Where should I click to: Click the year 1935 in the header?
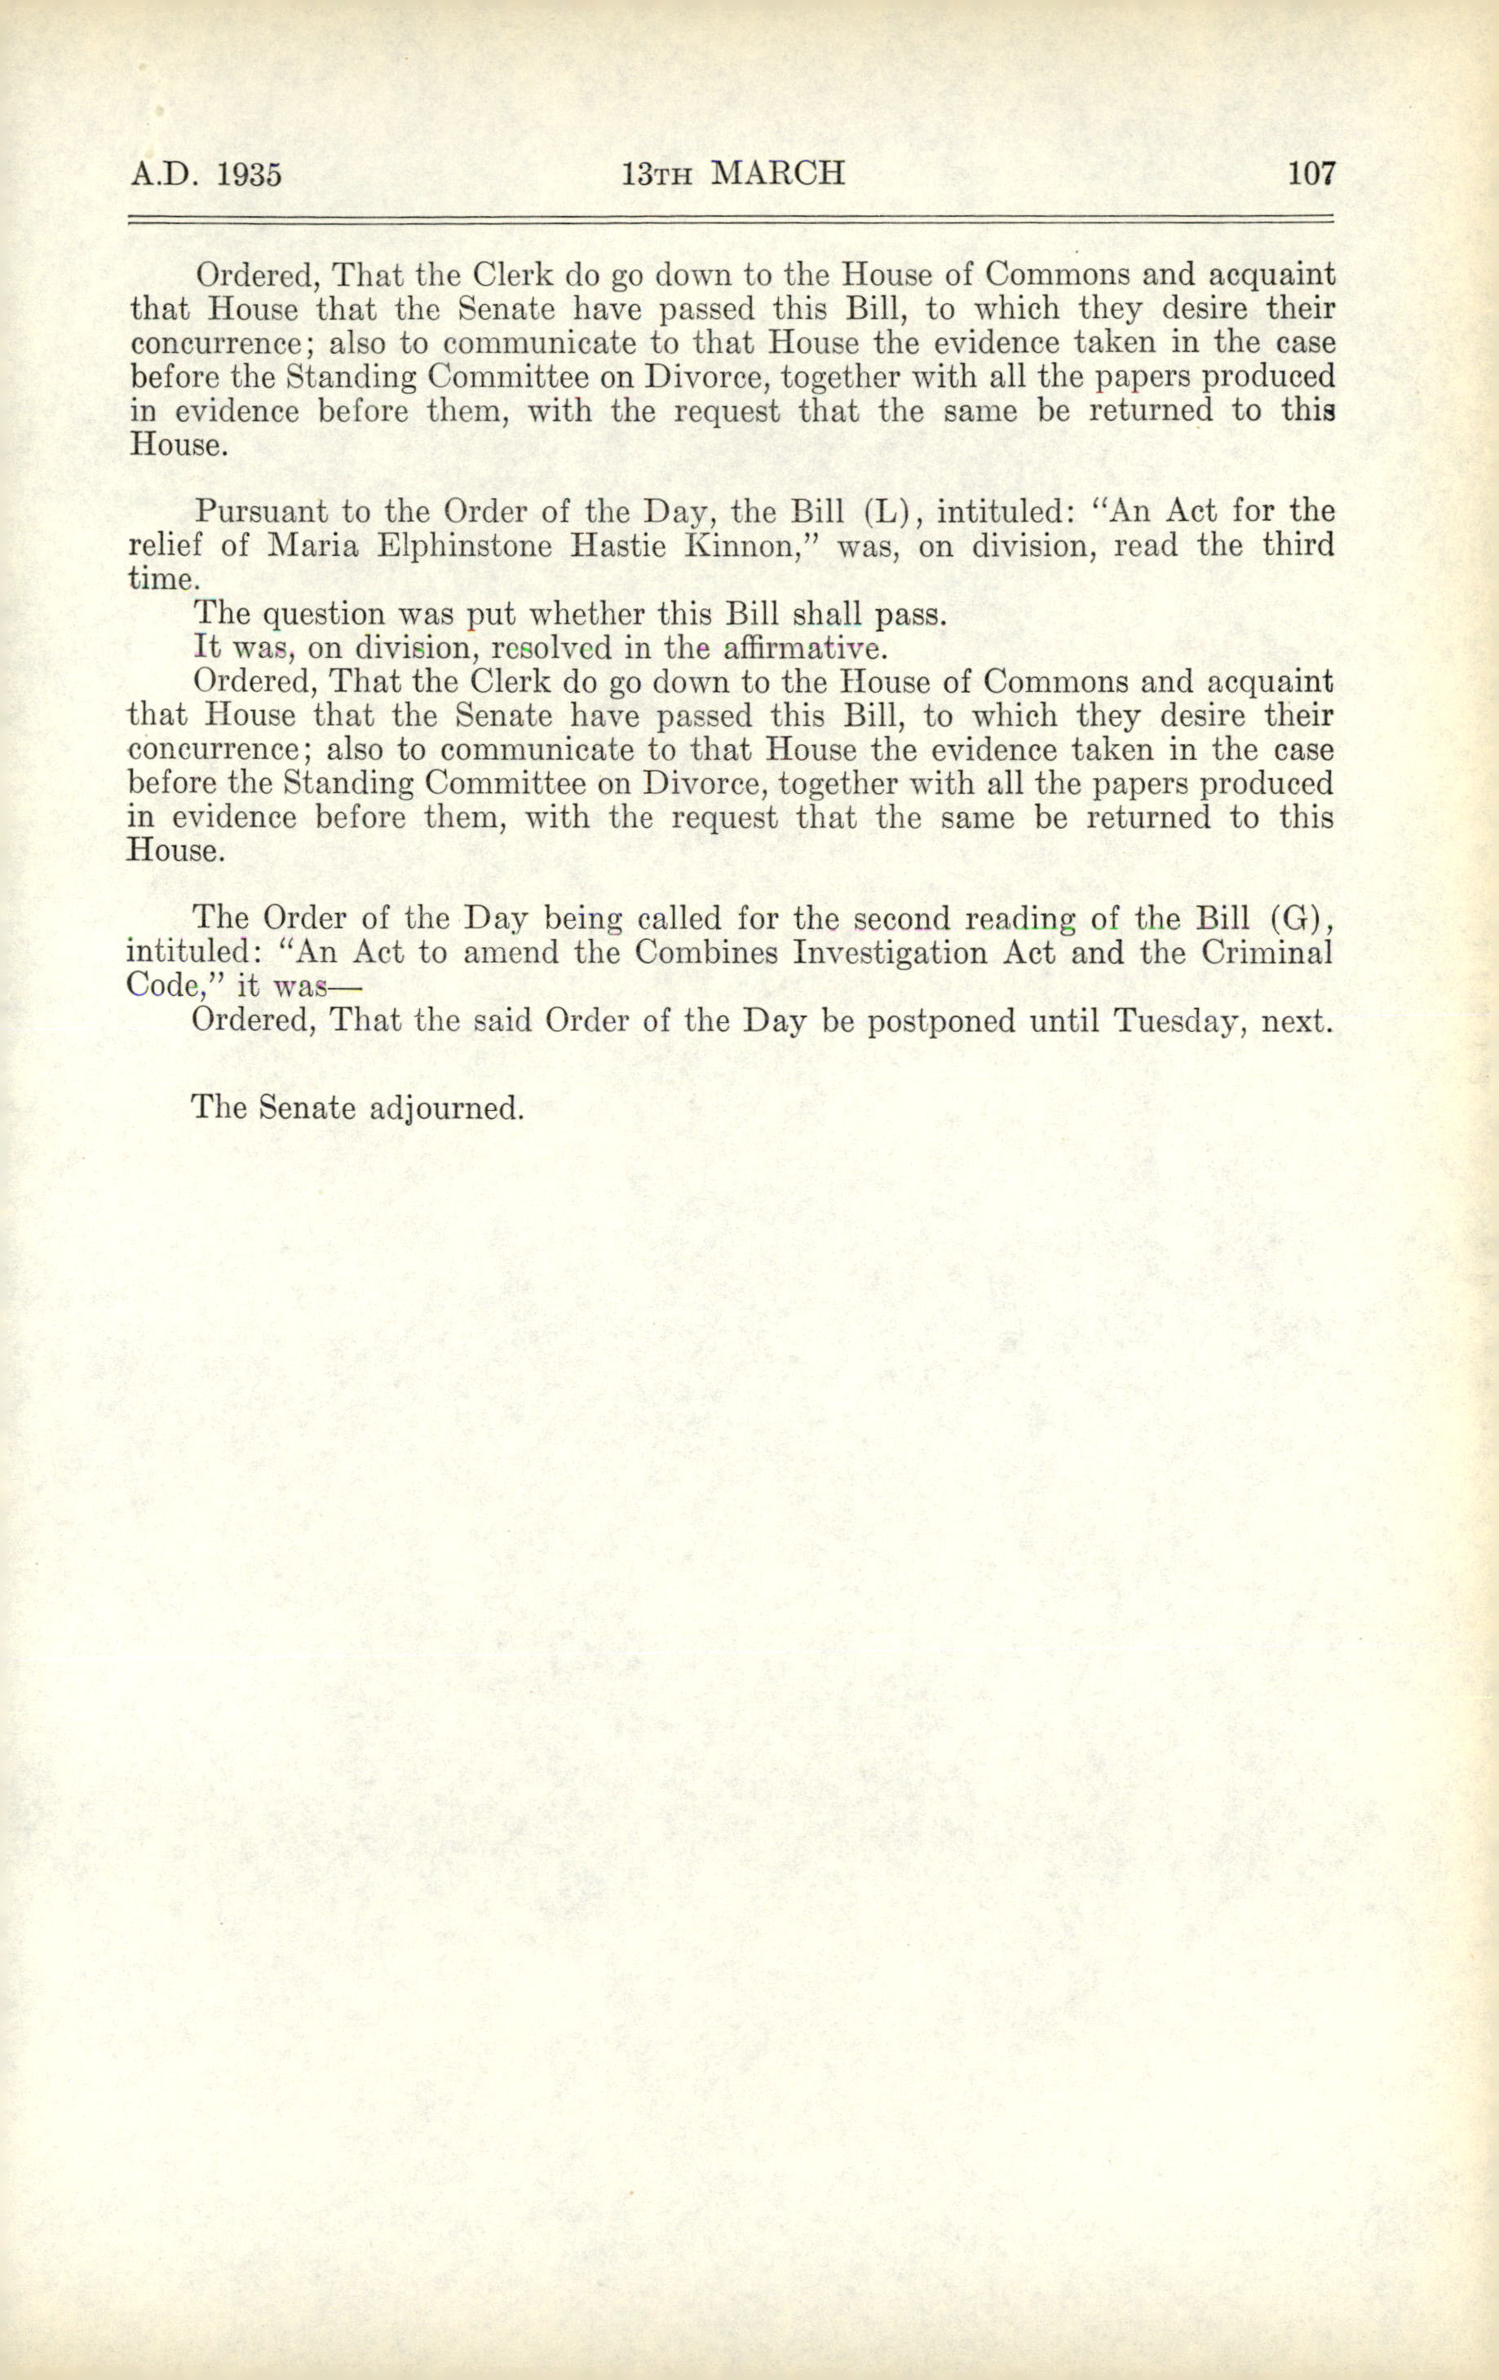click(x=248, y=175)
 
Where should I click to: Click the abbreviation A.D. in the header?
click(x=163, y=175)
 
